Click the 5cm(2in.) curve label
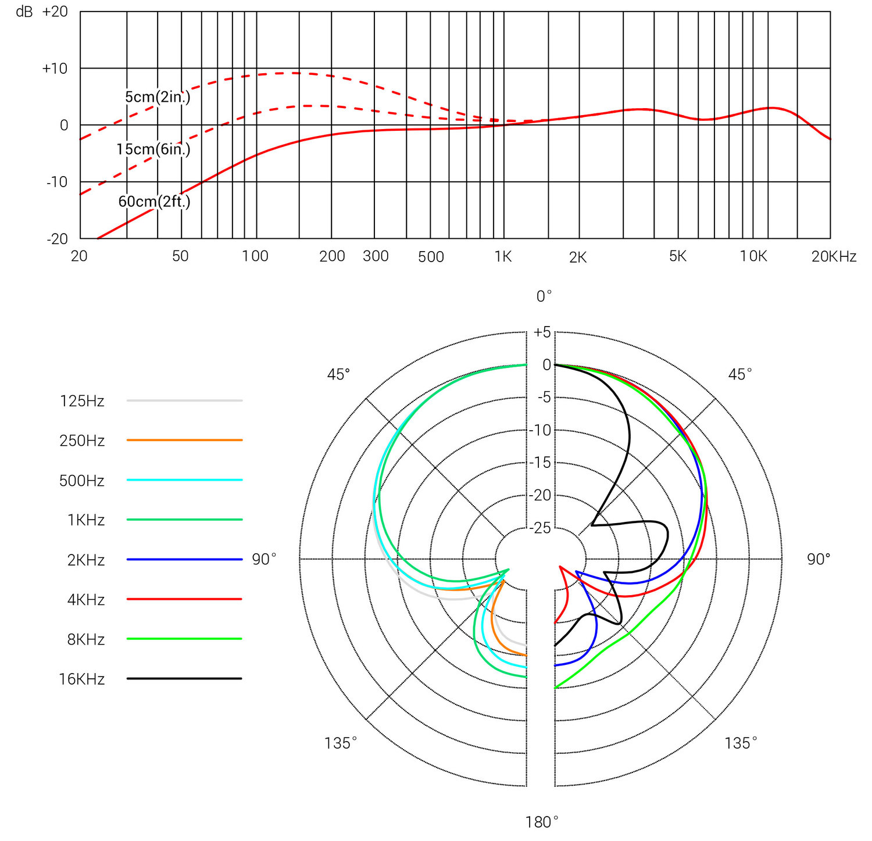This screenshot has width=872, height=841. pyautogui.click(x=158, y=97)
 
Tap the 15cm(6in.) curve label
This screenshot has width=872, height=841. pyautogui.click(x=153, y=149)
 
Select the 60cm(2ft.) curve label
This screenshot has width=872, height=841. pyautogui.click(x=154, y=202)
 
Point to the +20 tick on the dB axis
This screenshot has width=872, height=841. pyautogui.click(x=55, y=12)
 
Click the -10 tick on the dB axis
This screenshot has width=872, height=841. pyautogui.click(x=57, y=182)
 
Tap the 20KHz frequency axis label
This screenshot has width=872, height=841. pyautogui.click(x=834, y=256)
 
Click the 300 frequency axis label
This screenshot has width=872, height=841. pyautogui.click(x=376, y=256)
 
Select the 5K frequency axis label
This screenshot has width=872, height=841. pyautogui.click(x=678, y=256)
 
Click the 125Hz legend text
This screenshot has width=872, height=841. pyautogui.click(x=82, y=401)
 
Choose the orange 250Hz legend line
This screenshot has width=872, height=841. pyautogui.click(x=184, y=440)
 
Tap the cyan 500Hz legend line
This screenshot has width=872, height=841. pyautogui.click(x=184, y=480)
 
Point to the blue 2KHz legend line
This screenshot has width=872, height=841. pyautogui.click(x=184, y=559)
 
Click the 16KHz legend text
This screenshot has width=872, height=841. pyautogui.click(x=82, y=679)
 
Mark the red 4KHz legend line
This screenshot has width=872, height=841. pyautogui.click(x=184, y=599)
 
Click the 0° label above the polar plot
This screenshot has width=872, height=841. pyautogui.click(x=544, y=297)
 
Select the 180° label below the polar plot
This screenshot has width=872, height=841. pyautogui.click(x=542, y=822)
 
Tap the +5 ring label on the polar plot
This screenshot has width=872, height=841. pyautogui.click(x=542, y=332)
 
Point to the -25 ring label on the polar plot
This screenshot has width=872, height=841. pyautogui.click(x=541, y=528)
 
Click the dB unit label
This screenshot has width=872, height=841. pyautogui.click(x=24, y=12)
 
